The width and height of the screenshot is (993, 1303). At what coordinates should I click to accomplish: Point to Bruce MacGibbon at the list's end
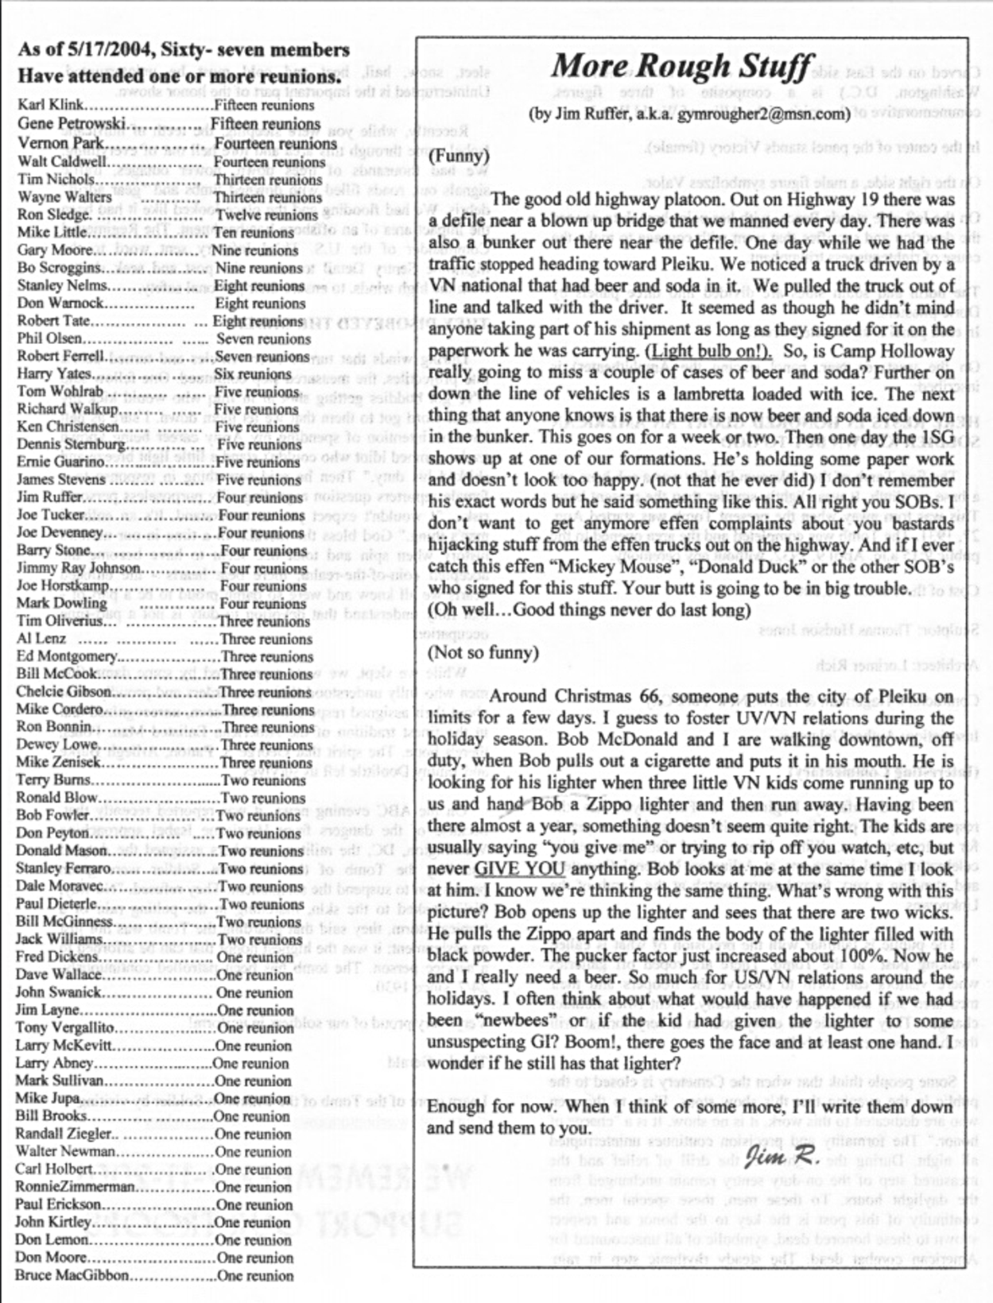(x=72, y=1275)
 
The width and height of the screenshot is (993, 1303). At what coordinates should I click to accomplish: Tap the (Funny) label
(x=459, y=156)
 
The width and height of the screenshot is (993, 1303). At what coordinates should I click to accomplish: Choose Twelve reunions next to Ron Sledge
(x=266, y=215)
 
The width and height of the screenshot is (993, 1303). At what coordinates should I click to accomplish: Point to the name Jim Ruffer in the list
(x=49, y=497)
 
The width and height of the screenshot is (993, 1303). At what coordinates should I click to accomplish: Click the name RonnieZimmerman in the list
(x=76, y=1187)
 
